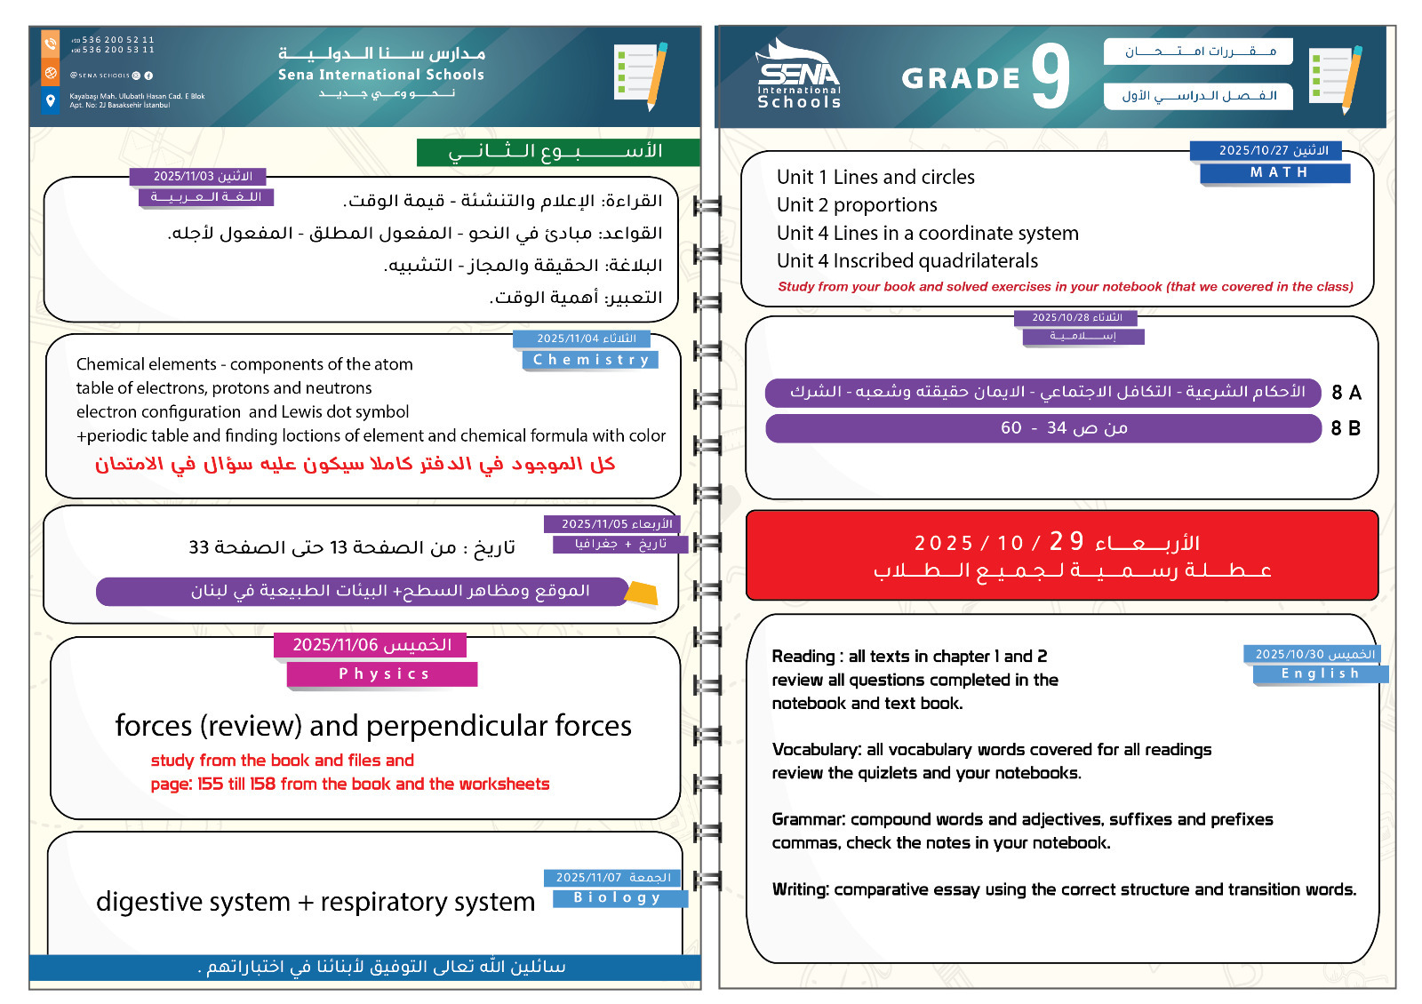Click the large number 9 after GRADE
coord(1051,77)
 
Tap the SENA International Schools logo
coord(798,76)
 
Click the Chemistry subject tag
coord(591,360)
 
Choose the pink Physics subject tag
coord(382,674)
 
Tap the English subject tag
coord(1319,673)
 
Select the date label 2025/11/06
coord(371,645)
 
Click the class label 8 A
coord(1346,393)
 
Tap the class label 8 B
coord(1346,428)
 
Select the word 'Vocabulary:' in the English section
coord(816,750)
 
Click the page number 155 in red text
coord(210,784)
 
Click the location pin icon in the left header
coord(51,100)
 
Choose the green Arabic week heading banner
coord(557,152)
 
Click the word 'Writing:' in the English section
coord(800,889)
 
